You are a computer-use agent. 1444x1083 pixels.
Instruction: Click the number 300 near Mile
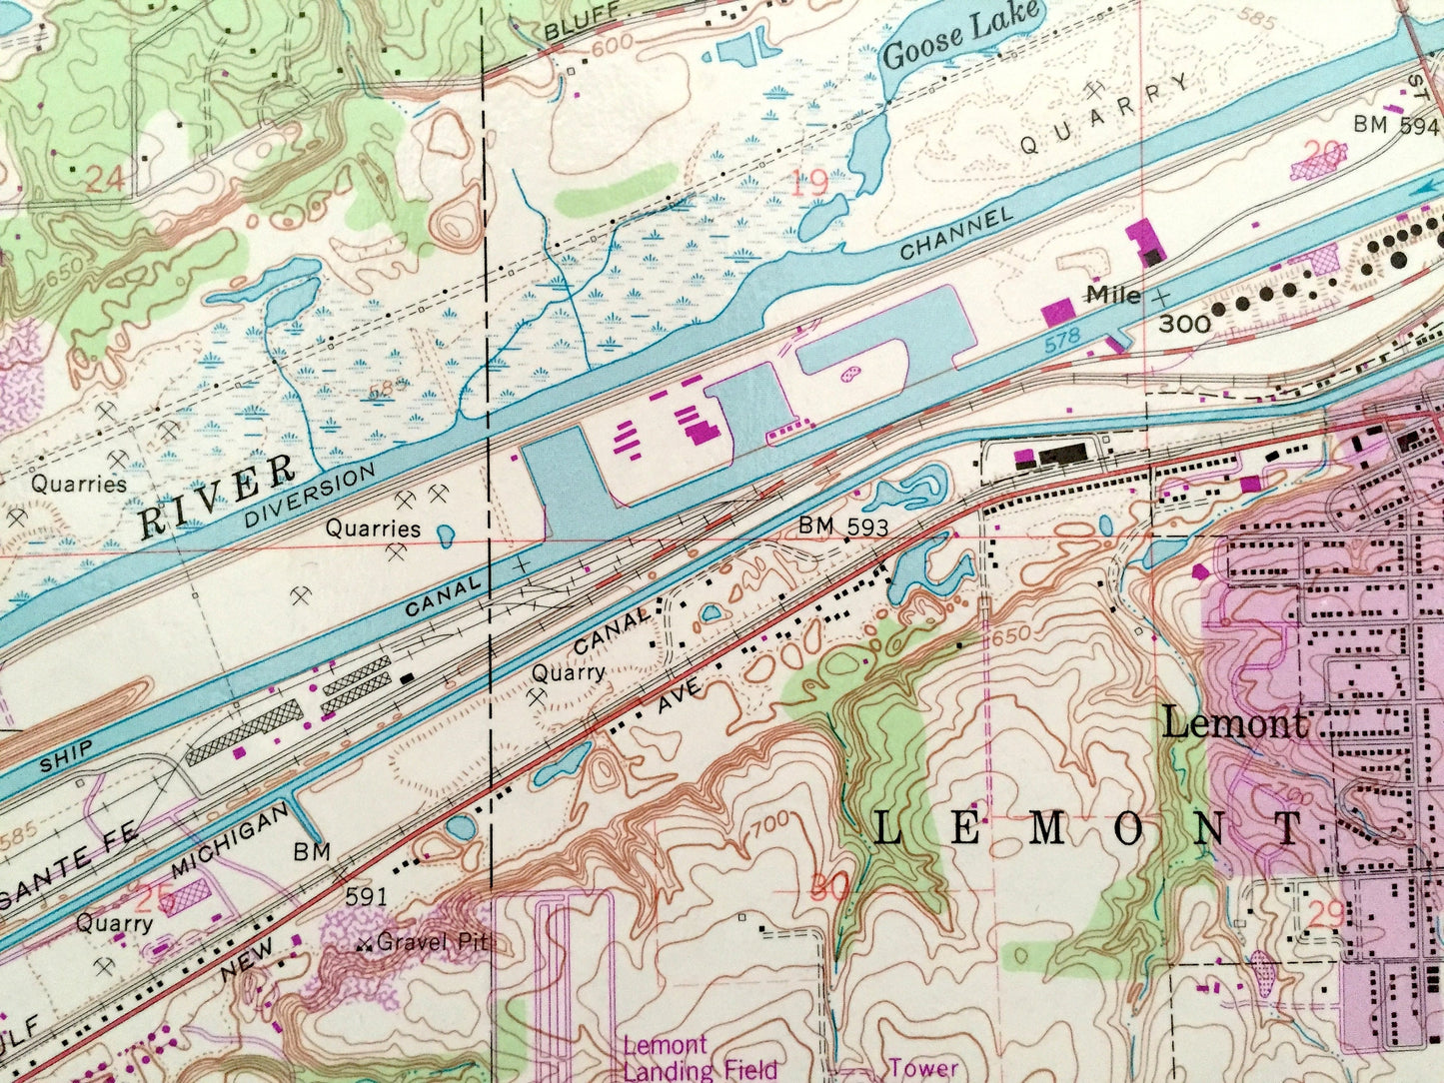1185,324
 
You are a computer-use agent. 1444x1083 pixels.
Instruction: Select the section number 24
105,180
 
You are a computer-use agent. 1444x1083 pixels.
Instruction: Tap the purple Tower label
916,1068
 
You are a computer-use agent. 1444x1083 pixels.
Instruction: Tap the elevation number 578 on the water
1062,338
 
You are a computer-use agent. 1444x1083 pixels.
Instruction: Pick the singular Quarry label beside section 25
114,924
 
